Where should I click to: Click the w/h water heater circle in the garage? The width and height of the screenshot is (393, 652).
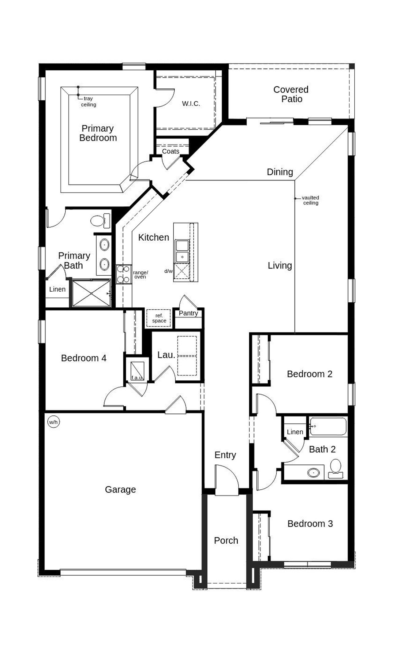tap(53, 422)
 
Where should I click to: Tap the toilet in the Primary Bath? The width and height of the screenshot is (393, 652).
tap(100, 221)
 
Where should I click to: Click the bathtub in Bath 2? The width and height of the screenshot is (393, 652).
tap(328, 426)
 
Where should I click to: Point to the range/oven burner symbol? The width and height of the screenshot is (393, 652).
tap(123, 274)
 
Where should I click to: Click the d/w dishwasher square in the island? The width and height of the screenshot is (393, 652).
tap(181, 272)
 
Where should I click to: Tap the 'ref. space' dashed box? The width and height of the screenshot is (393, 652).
tap(158, 318)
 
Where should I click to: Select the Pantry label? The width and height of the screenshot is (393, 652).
tap(188, 313)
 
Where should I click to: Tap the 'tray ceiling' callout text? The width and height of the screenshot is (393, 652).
tap(88, 102)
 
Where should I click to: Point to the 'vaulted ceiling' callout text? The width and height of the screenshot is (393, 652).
tap(310, 200)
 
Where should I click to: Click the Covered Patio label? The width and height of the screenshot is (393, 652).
tap(291, 94)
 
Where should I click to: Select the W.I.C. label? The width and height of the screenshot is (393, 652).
tap(191, 104)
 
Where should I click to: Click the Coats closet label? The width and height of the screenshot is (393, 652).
tap(170, 151)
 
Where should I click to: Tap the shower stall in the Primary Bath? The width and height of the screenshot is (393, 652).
tap(91, 293)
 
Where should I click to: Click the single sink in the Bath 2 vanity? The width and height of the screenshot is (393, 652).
tap(313, 472)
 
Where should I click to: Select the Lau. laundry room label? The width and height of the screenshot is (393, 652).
tap(166, 355)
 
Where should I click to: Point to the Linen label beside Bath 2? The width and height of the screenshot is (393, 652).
tap(295, 432)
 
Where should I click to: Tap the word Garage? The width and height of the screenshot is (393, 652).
tap(120, 490)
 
